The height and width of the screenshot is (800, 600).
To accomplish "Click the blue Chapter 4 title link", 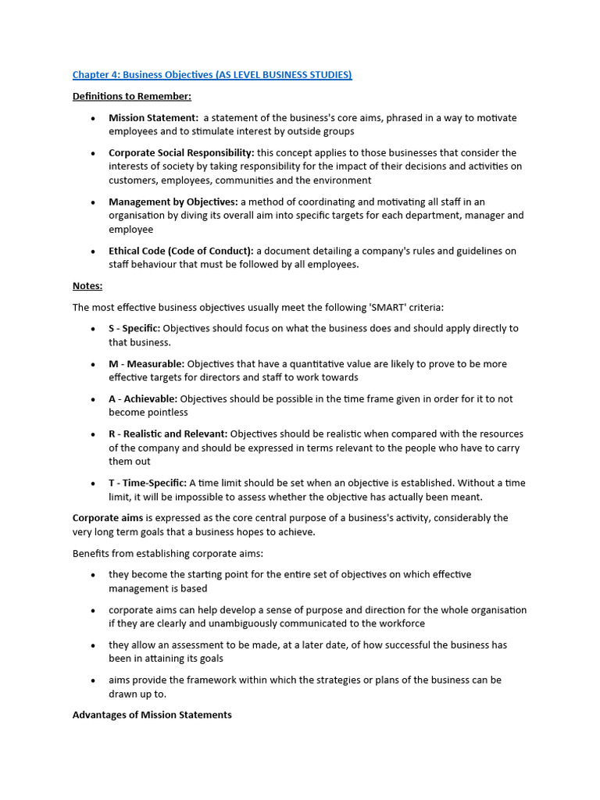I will tap(212, 75).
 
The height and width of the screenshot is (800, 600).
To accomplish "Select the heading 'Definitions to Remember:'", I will tap(131, 96).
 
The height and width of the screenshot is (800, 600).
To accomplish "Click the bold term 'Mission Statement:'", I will tap(153, 118).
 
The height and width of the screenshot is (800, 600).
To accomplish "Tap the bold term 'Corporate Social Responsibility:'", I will tap(181, 153).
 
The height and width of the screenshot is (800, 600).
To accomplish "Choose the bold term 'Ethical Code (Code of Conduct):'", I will tap(181, 252).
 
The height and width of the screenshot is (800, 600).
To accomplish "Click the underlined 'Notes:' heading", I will tap(87, 286).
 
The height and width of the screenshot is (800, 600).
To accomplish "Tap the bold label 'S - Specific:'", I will tap(134, 329).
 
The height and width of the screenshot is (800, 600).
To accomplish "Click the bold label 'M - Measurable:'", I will tap(146, 364).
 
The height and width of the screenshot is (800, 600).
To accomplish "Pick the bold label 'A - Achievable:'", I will tap(143, 399).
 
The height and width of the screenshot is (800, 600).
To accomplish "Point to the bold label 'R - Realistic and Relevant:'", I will tap(168, 434).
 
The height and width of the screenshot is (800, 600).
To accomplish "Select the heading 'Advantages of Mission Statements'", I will tap(152, 715).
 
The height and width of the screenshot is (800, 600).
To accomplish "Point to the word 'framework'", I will tap(207, 680).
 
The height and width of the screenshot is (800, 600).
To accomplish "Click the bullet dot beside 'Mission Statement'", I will tap(93, 119).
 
